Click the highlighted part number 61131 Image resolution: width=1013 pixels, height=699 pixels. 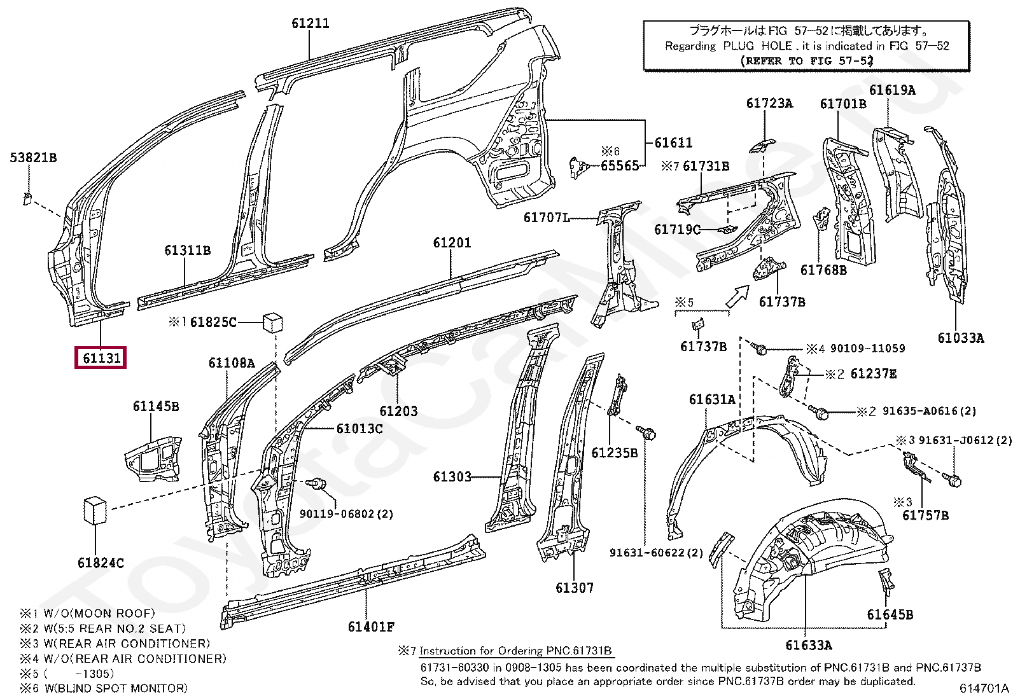point(101,358)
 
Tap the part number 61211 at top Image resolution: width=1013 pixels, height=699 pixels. point(311,23)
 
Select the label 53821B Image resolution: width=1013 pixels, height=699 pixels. point(34,157)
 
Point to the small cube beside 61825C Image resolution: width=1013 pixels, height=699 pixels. point(273,322)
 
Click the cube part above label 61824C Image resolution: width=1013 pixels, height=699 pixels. point(95,511)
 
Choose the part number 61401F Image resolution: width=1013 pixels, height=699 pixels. point(371,626)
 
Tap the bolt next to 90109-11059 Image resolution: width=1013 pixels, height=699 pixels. point(759,348)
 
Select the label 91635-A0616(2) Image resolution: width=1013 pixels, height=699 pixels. point(930,411)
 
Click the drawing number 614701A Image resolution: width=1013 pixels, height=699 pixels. point(984,688)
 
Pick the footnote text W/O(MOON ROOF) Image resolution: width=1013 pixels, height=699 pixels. point(99,613)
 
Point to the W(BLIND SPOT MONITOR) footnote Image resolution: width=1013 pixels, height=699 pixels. point(116,688)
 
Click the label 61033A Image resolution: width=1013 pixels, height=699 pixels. point(961,338)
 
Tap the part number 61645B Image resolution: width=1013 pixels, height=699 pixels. point(890,614)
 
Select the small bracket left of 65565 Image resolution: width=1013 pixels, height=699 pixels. point(578,167)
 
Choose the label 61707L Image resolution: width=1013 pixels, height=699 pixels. point(547,218)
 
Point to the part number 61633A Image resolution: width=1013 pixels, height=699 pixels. point(809,645)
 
